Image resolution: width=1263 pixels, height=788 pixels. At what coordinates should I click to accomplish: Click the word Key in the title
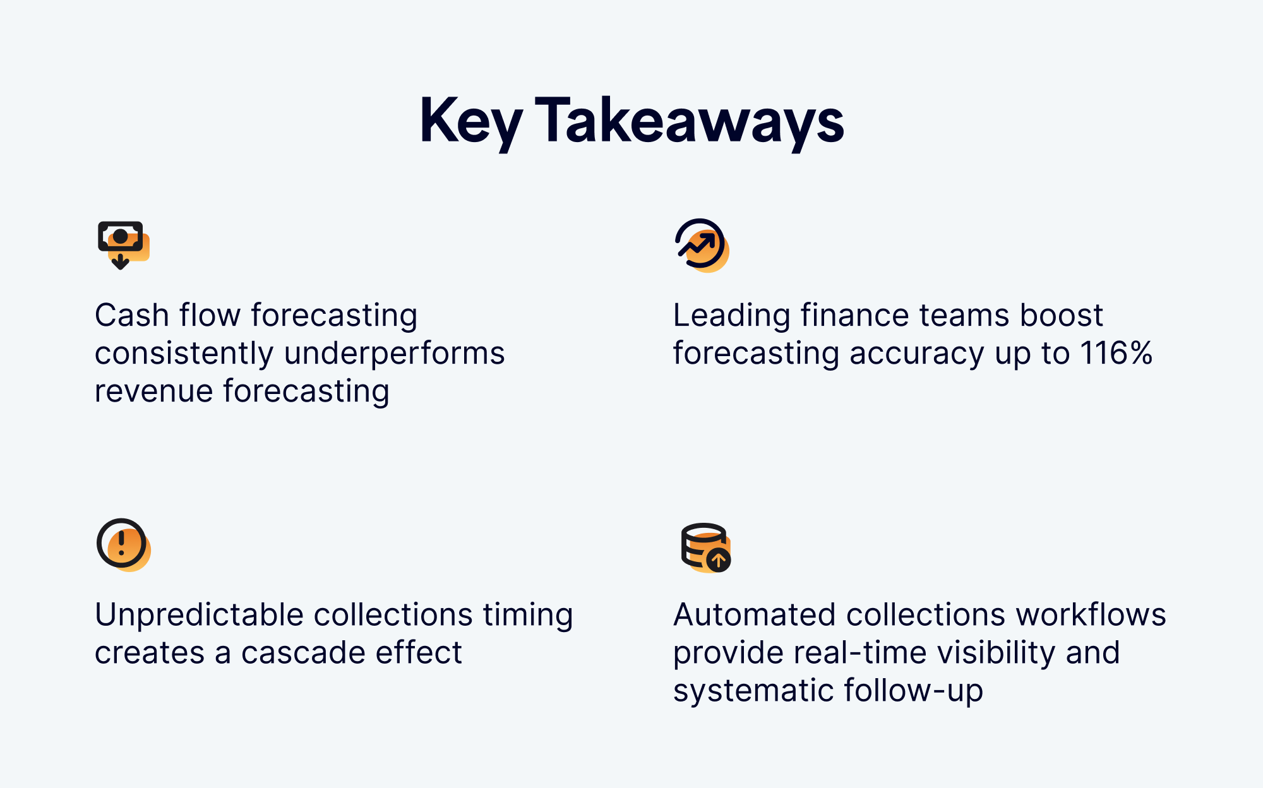471,121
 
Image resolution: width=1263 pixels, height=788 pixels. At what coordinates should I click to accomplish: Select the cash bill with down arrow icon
124,245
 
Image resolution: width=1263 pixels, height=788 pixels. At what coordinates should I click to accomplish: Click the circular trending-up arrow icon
702,245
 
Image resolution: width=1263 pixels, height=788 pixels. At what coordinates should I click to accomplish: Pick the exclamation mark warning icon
123,545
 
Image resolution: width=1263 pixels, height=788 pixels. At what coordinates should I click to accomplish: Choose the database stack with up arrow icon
706,547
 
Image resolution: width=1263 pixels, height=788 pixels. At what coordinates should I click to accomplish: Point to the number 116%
1116,353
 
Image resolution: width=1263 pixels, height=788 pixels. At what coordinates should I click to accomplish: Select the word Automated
755,615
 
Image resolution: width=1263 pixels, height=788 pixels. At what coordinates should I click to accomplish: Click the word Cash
132,315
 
